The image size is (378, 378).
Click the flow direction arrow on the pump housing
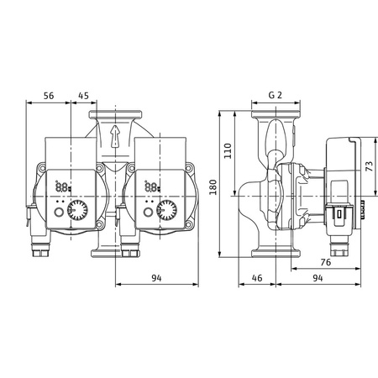click(x=116, y=134)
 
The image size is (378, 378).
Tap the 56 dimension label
click(x=50, y=96)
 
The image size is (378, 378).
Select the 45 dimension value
click(x=83, y=96)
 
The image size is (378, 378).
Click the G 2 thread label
click(x=274, y=96)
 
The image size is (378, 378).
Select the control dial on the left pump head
click(x=76, y=211)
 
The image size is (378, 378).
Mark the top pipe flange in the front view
click(x=116, y=112)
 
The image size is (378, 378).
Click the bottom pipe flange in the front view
click(x=116, y=253)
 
